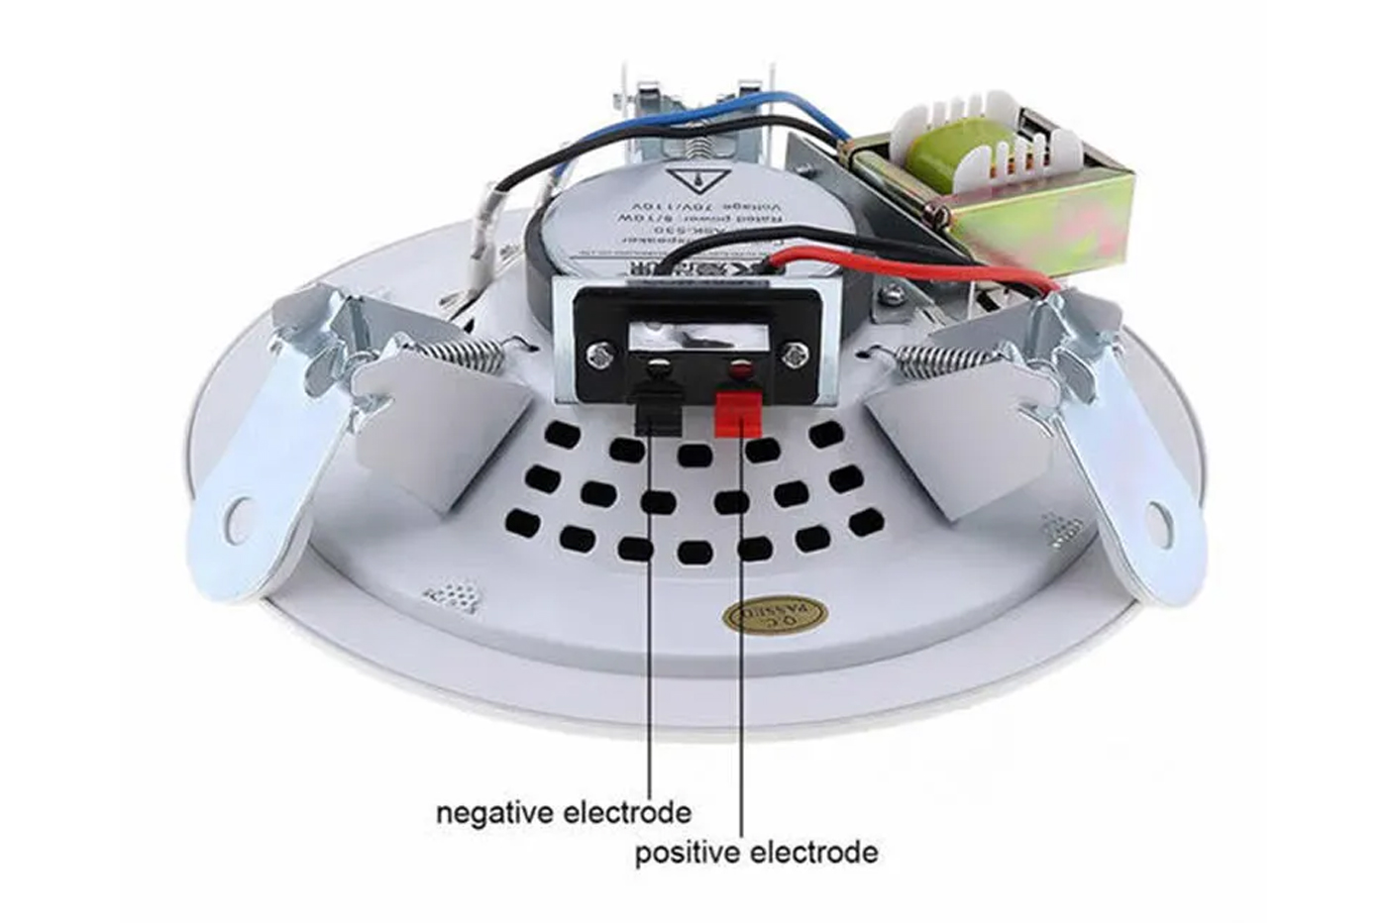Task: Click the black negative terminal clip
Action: [x=658, y=413]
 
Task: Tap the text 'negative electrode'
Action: [x=563, y=813]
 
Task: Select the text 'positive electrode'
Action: [x=756, y=852]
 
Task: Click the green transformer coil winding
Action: [x=935, y=159]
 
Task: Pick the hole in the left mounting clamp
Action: [x=240, y=518]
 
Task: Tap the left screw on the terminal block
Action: [x=598, y=354]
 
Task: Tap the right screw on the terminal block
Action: [x=795, y=355]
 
